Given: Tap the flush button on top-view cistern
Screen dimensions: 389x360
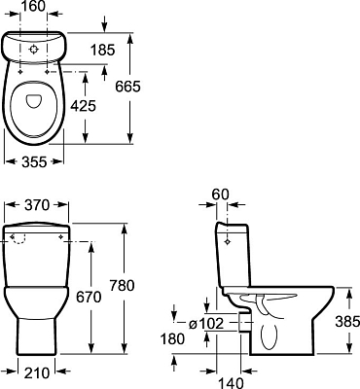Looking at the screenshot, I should [35, 45].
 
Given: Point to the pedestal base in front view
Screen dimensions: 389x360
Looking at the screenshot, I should [35, 336].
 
